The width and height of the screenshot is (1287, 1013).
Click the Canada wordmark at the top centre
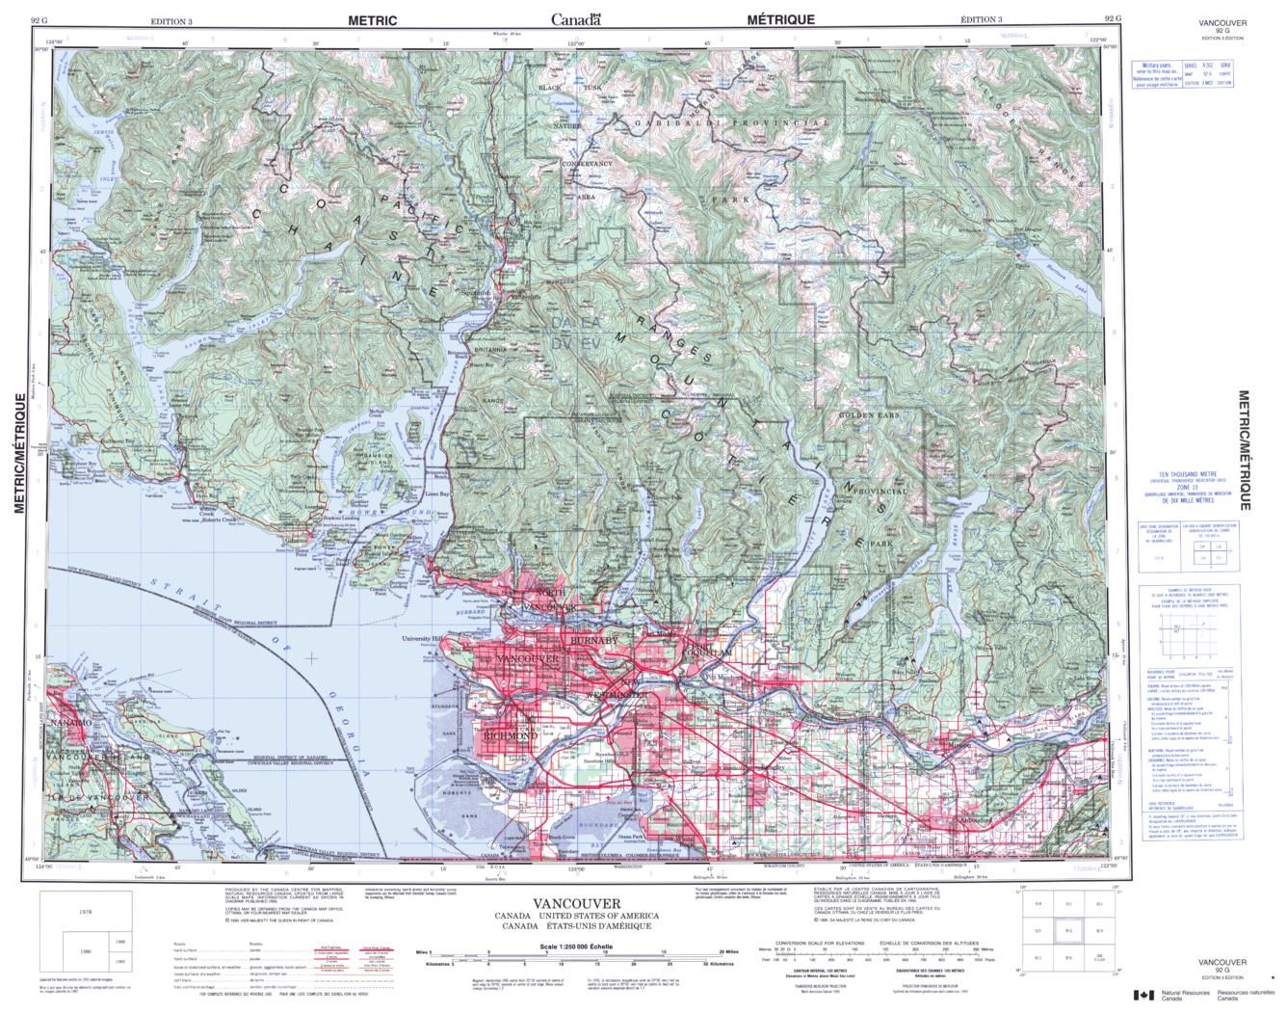[x=575, y=19]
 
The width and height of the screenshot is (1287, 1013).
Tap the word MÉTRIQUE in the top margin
[x=780, y=19]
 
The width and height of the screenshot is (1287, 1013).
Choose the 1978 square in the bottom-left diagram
[x=87, y=911]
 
